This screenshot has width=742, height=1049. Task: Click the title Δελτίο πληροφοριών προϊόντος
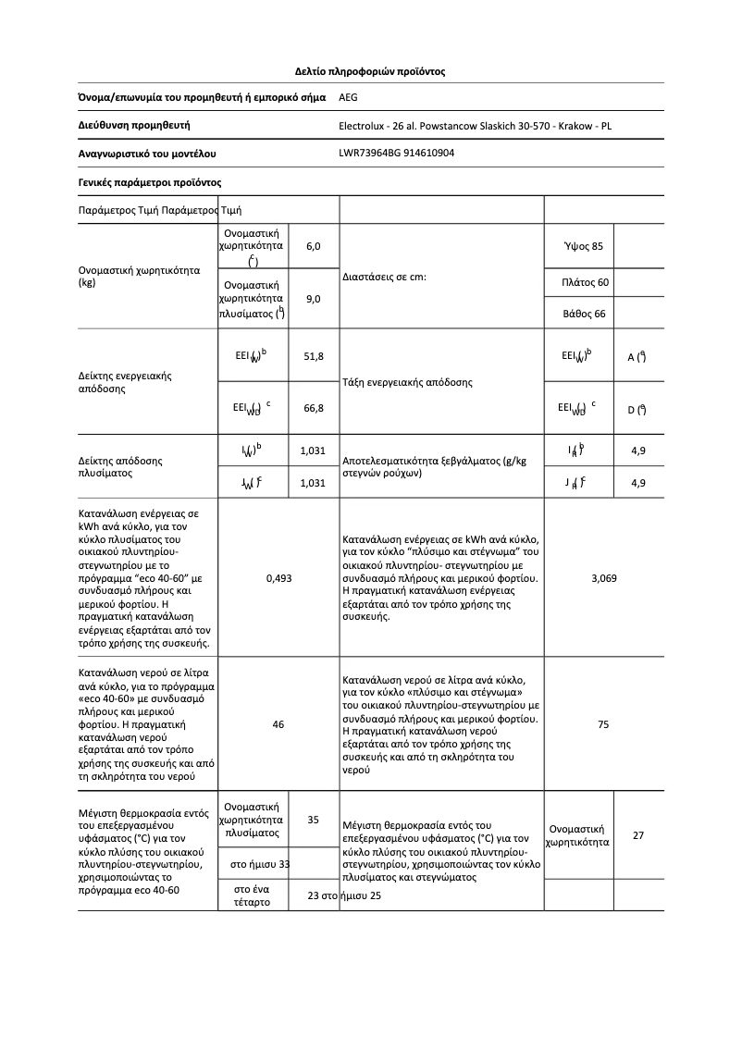point(370,70)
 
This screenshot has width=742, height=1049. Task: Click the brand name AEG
point(349,97)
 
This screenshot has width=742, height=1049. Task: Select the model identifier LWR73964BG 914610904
point(397,154)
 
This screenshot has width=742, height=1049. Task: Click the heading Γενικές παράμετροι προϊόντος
point(149,182)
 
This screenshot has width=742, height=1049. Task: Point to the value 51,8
point(313,356)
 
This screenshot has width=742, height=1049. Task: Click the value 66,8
point(313,408)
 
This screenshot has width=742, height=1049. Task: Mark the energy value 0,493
point(278,578)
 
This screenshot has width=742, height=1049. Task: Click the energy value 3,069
point(603,578)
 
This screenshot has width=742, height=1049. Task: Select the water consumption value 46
point(278,724)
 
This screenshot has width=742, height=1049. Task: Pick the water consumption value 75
point(603,724)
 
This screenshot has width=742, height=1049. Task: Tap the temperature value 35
point(313,820)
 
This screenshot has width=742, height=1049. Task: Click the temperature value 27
point(638,835)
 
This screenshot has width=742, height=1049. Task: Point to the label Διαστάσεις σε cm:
point(384,278)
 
